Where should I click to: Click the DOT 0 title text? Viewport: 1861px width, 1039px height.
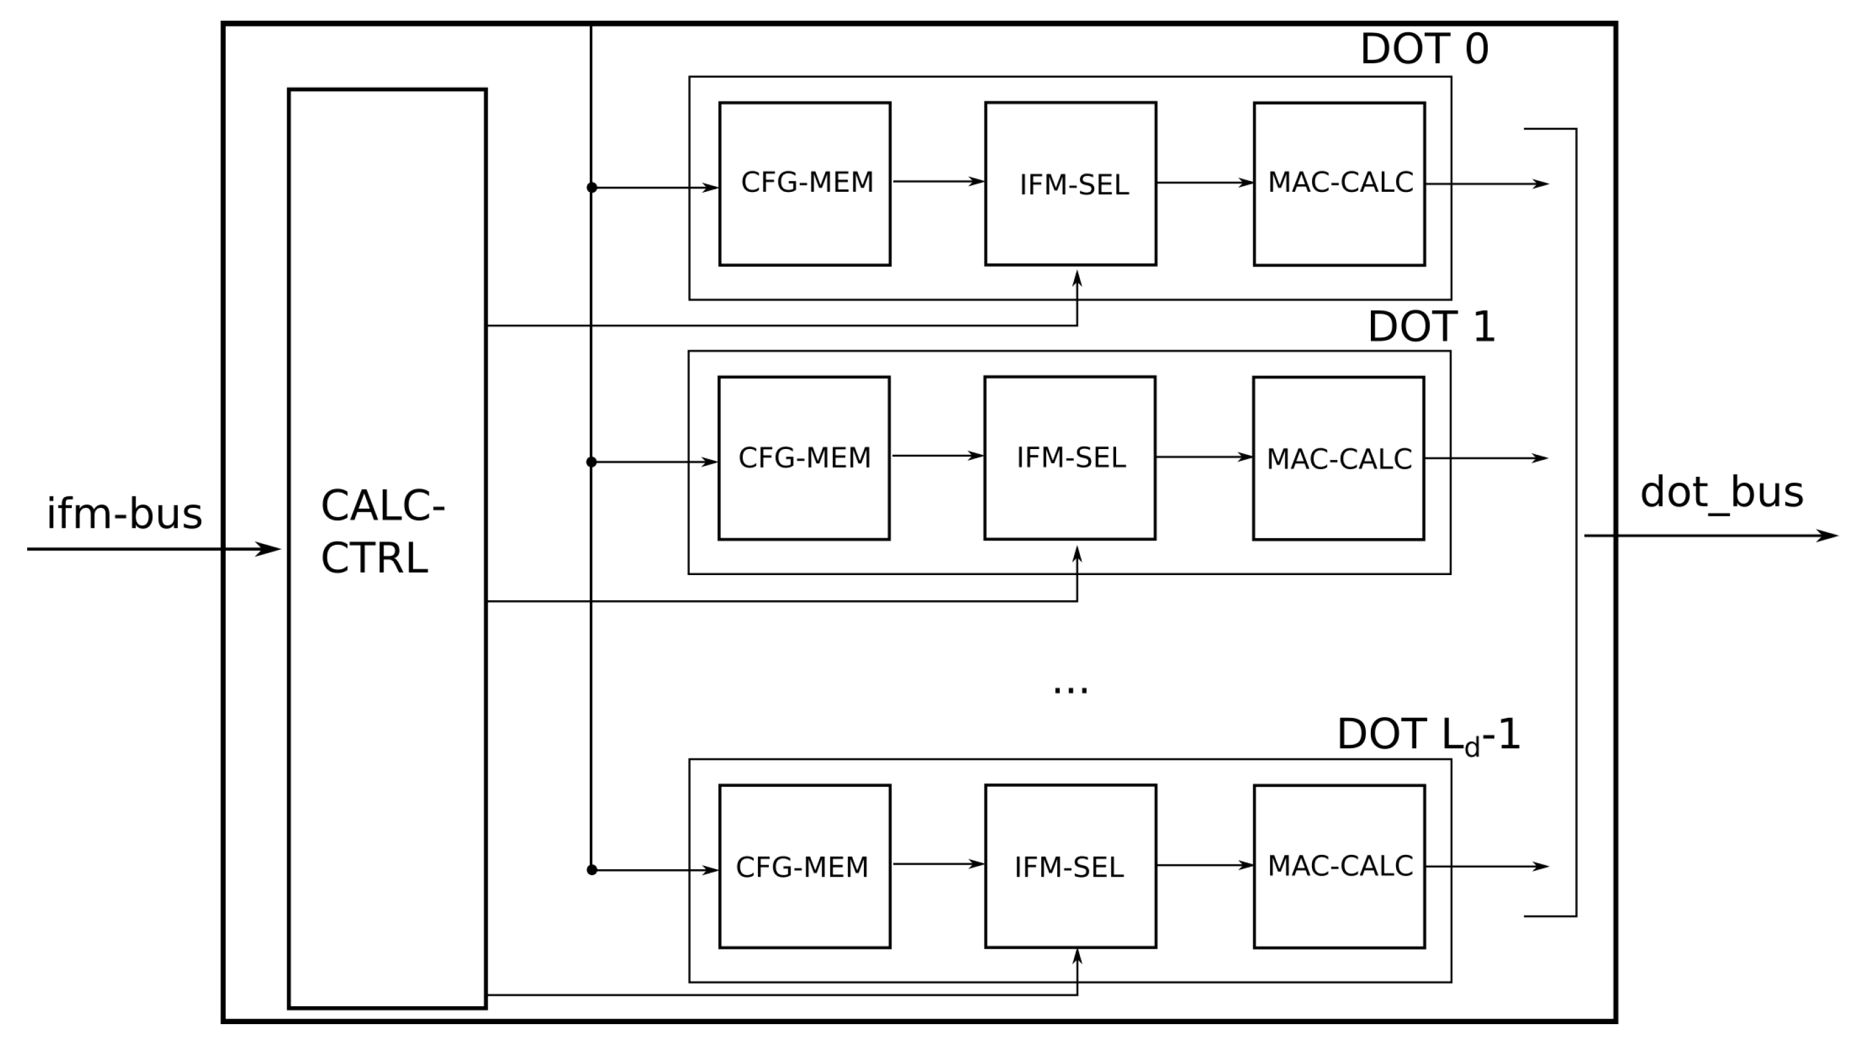click(x=1424, y=49)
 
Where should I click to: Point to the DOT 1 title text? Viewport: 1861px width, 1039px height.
click(x=1430, y=326)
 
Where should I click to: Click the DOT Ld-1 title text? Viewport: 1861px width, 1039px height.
click(x=1428, y=735)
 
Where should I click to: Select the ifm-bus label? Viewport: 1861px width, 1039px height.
click(x=124, y=514)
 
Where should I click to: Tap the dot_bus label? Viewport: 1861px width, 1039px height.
click(x=1721, y=492)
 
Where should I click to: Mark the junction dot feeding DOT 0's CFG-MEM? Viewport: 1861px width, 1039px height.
click(x=592, y=188)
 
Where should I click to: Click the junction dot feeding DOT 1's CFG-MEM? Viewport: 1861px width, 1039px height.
click(x=591, y=462)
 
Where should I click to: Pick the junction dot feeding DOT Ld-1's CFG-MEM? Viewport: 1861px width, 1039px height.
click(x=592, y=870)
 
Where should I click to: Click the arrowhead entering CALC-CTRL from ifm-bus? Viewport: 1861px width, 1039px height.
click(x=269, y=549)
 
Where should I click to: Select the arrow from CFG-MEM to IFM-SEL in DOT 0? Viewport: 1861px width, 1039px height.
click(x=938, y=181)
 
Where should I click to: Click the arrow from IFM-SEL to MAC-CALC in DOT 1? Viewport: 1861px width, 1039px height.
click(x=1203, y=457)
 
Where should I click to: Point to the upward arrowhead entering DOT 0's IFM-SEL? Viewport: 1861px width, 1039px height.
click(x=1077, y=278)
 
